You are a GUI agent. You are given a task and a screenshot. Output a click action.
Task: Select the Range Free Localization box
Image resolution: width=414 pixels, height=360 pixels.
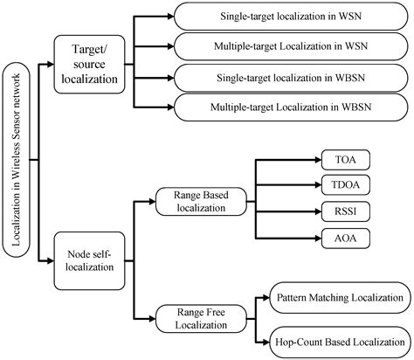pyautogui.click(x=199, y=315)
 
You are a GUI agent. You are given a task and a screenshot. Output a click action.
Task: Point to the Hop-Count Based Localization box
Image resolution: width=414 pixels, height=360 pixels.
pyautogui.click(x=340, y=339)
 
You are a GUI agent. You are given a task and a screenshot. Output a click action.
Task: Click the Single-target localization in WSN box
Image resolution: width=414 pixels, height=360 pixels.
pyautogui.click(x=292, y=17)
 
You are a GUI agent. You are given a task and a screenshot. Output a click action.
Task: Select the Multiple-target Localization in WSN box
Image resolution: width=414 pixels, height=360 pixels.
pyautogui.click(x=292, y=44)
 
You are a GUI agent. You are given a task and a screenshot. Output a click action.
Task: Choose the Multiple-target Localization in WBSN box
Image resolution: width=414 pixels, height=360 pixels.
pyautogui.click(x=292, y=107)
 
